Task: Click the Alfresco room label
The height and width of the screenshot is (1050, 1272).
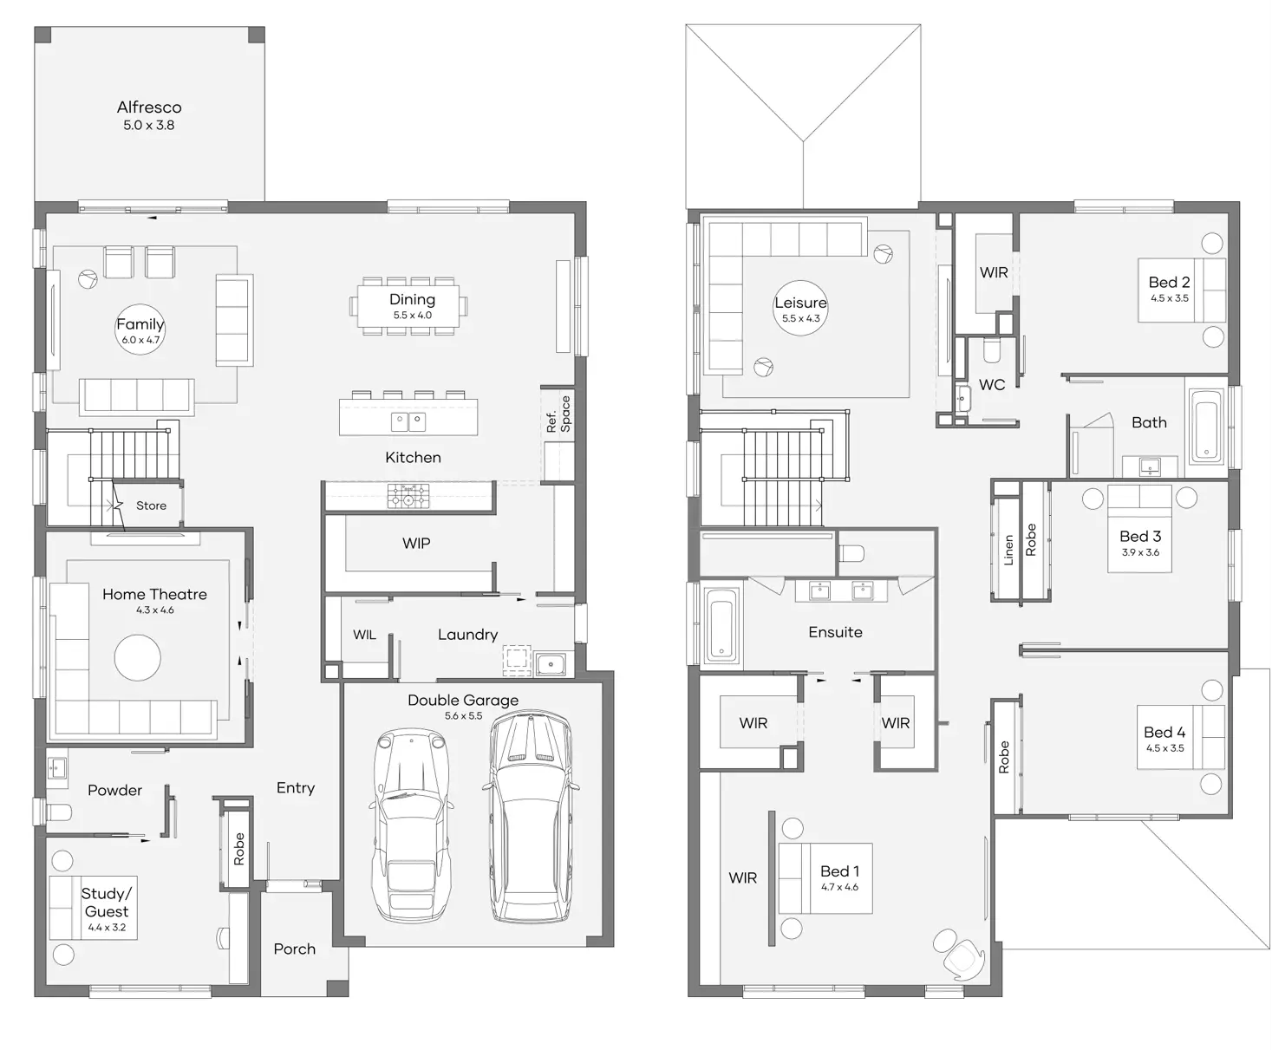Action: tap(149, 108)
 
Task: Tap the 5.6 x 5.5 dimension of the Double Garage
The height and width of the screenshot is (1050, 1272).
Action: tap(463, 716)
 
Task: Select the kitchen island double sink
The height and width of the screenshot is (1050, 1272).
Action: tap(408, 421)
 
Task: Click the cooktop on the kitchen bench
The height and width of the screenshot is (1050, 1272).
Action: tap(408, 496)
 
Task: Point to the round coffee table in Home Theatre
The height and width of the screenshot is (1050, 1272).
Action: tap(138, 657)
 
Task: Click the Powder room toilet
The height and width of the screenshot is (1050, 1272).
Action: tap(60, 812)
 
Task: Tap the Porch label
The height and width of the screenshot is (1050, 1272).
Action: tap(294, 949)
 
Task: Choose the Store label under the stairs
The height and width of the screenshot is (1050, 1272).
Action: tap(151, 505)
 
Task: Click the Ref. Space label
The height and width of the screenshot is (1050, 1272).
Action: tap(558, 414)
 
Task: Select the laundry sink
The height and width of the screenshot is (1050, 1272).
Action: tap(551, 663)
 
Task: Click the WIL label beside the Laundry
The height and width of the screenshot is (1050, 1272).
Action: tap(364, 635)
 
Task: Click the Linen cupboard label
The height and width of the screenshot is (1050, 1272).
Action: tap(1008, 551)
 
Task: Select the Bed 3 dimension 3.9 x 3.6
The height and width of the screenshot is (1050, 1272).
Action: tap(1140, 552)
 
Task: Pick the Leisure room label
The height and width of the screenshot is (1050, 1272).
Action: tap(800, 303)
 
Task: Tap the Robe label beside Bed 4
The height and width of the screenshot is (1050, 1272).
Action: tap(1003, 757)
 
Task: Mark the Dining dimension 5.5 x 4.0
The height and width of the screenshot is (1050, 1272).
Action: tap(413, 315)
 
